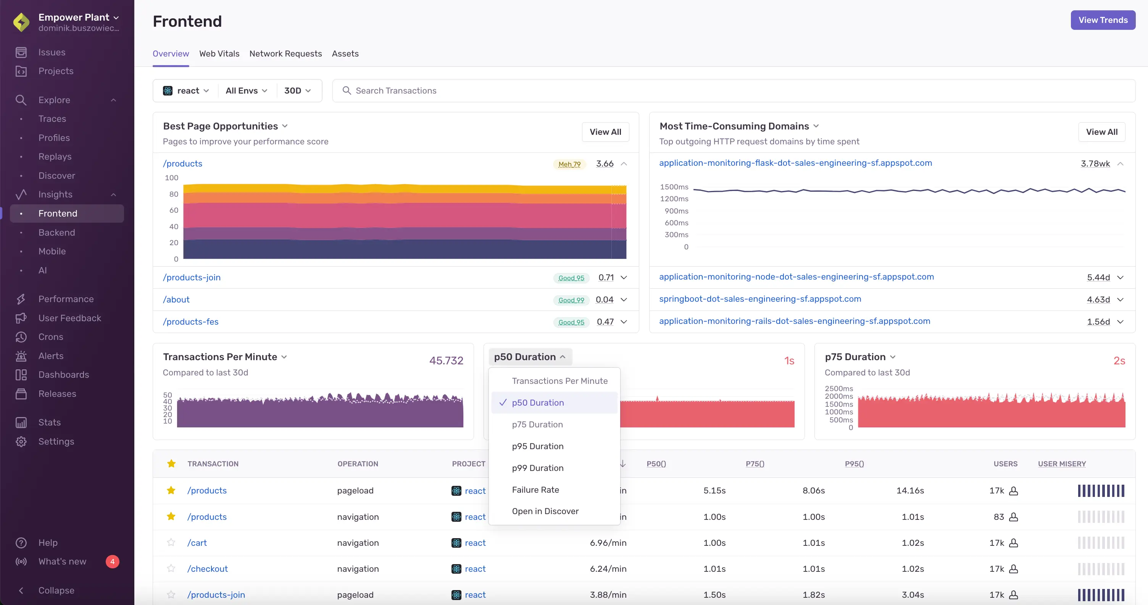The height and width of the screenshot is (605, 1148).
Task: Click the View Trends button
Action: [1103, 20]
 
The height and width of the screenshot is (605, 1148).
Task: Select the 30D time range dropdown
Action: [297, 91]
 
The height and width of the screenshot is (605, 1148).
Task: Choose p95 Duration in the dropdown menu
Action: [537, 446]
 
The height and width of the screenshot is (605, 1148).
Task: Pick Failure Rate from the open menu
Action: [535, 490]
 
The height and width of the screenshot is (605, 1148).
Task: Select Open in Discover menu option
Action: [545, 511]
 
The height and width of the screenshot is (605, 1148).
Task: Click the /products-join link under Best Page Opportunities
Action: [192, 277]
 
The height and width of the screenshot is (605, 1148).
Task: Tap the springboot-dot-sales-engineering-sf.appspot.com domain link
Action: [760, 299]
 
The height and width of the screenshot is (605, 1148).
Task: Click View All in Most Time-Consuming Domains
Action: [1101, 132]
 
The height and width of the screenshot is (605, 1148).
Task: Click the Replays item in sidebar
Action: [55, 157]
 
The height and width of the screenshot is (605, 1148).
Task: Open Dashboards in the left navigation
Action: [63, 375]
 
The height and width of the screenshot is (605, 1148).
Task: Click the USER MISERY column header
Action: [1061, 464]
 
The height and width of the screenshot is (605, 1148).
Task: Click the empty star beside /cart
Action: [171, 543]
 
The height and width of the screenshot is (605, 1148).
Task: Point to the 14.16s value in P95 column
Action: [909, 490]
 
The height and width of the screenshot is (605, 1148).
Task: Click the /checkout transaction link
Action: [207, 568]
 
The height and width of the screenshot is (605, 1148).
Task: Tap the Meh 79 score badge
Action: [569, 164]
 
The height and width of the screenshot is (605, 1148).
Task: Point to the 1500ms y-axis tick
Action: [674, 187]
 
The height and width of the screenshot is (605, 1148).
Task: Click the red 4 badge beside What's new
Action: [112, 561]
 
